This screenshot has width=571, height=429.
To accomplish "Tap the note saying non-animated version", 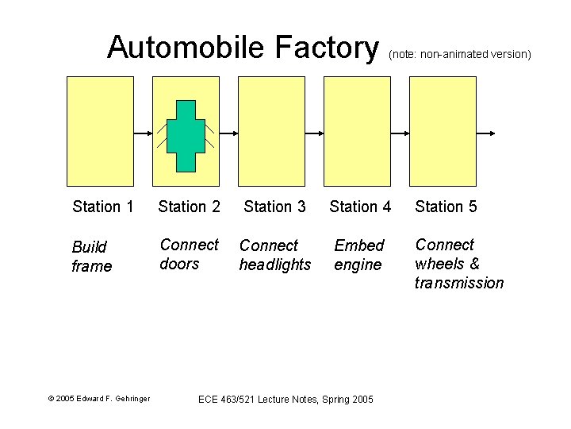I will click(459, 54).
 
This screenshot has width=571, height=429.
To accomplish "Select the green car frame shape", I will click(185, 136).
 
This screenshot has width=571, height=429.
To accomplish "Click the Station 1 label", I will click(103, 207).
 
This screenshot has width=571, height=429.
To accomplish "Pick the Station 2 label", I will click(189, 207).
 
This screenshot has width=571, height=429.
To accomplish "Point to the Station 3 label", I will click(274, 207).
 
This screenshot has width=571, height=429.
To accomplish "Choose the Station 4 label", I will click(360, 207).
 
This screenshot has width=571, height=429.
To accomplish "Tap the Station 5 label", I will click(446, 207).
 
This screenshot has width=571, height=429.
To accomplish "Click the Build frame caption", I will click(92, 257).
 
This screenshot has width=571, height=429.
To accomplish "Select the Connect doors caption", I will click(189, 254).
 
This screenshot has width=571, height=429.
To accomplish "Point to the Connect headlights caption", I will click(275, 255).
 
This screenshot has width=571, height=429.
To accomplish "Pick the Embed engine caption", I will click(358, 255).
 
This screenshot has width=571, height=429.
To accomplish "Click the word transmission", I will click(459, 284).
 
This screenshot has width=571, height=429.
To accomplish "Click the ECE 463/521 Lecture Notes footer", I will click(285, 399).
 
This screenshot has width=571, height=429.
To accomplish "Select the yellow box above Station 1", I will click(100, 131).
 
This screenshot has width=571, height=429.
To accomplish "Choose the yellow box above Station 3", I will click(271, 131).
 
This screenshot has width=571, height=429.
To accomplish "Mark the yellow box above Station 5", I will click(443, 131).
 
